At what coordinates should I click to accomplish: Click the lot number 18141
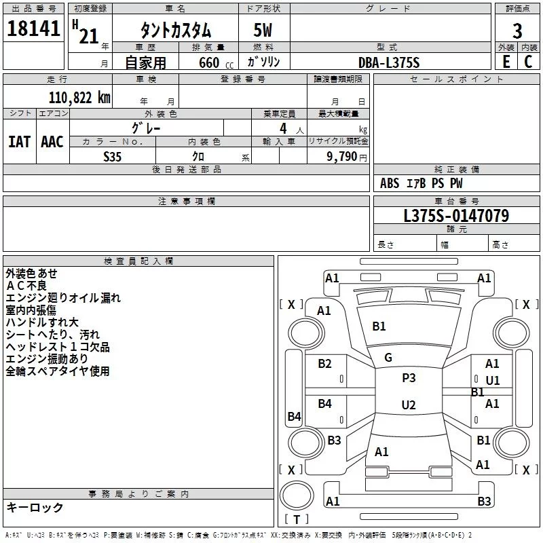33,29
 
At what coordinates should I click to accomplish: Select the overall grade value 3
517,31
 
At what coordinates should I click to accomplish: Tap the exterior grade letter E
506,62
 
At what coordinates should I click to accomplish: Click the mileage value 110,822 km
79,98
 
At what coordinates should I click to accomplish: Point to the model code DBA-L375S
389,62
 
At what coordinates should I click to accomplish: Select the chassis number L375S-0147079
456,216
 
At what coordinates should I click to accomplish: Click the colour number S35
113,157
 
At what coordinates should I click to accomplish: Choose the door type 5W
263,30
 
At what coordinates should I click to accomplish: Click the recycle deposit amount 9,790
342,157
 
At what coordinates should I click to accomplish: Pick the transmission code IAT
20,142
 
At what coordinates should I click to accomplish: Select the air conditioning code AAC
52,142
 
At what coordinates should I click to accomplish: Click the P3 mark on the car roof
409,378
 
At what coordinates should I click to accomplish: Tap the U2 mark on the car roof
409,405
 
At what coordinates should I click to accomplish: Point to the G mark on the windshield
388,358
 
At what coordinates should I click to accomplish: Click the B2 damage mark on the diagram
325,364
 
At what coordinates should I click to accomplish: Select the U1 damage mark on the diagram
493,381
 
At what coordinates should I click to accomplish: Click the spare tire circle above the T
297,495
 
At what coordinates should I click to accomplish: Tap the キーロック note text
35,507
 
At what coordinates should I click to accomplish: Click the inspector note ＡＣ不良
26,286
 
